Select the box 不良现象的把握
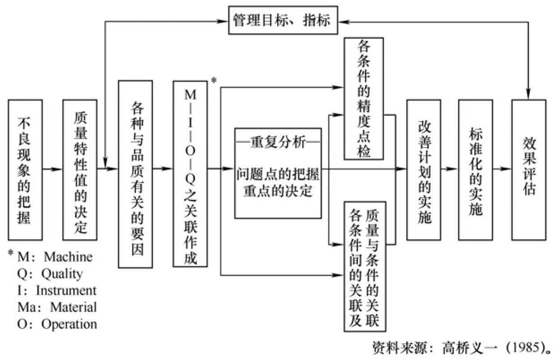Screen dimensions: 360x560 [25, 170]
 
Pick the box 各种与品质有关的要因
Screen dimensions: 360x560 [135, 174]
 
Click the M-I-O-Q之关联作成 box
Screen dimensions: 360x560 [190, 174]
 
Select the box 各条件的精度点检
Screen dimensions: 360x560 [363, 99]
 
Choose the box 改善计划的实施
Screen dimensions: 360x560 [423, 170]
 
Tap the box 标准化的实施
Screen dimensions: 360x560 [475, 170]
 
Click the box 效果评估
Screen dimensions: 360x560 [529, 170]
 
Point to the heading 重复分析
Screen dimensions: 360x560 [278, 143]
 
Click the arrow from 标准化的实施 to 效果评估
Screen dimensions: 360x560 [502, 169]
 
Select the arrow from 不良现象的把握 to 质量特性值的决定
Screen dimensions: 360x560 [52, 169]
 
